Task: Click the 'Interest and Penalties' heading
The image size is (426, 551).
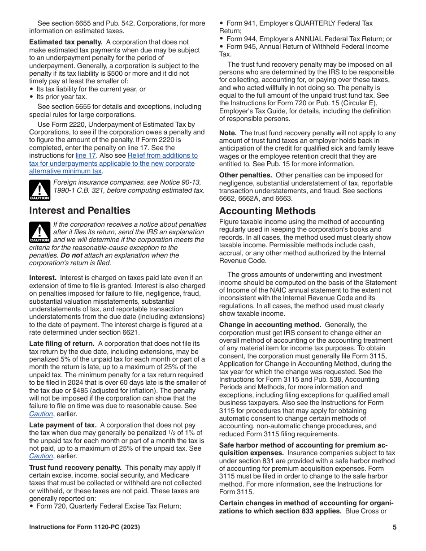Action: (80, 211)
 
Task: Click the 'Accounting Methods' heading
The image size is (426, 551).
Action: (267, 211)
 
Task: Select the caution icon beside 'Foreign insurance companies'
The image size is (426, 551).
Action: (39, 190)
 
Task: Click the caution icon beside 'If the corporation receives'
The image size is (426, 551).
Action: (39, 232)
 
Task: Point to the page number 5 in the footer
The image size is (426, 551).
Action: (395, 527)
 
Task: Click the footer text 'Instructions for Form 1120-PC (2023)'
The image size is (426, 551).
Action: (84, 527)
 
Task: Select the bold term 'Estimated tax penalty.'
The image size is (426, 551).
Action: (66, 42)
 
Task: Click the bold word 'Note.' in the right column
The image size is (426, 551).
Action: (228, 133)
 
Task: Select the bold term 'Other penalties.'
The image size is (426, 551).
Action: (246, 175)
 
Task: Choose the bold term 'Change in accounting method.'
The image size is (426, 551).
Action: (270, 325)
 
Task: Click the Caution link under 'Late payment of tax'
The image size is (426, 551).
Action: (41, 456)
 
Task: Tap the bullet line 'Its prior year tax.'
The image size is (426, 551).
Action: (61, 97)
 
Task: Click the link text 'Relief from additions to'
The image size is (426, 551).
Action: (162, 155)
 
